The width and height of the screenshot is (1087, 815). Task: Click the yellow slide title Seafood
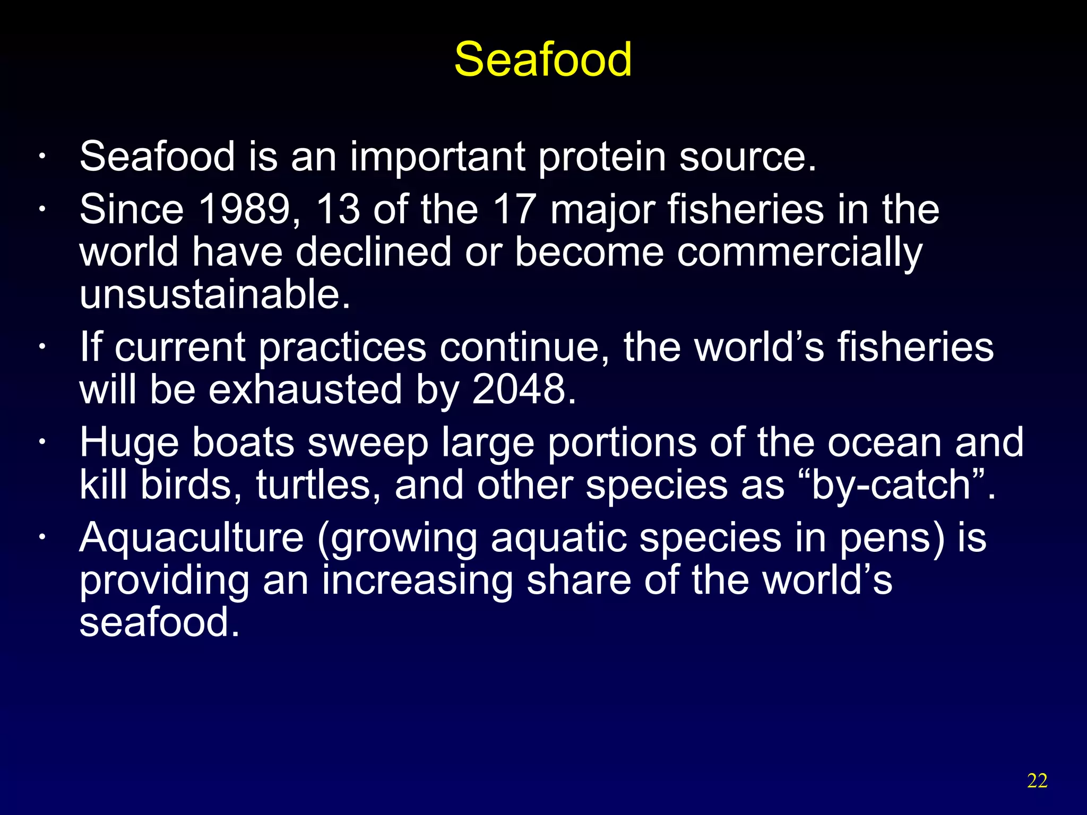coord(542,59)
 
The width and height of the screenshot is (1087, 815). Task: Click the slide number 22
coord(1037,781)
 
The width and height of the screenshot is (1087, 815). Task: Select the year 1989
coord(248,209)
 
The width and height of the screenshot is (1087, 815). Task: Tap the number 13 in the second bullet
coord(338,209)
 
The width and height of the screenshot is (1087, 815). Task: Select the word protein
coord(602,157)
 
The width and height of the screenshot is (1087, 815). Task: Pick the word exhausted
coord(305,389)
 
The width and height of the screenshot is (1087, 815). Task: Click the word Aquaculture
coord(192,537)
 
